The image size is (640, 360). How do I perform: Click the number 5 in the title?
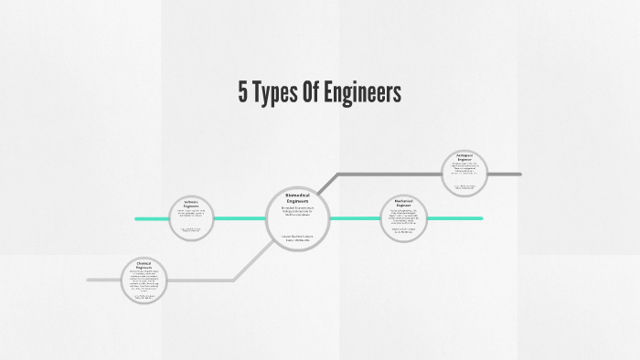(243, 93)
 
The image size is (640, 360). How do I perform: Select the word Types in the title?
(277, 93)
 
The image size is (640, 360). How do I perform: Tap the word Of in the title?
(315, 93)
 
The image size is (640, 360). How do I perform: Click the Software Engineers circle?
(191, 218)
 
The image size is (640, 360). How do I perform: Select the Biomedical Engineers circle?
(298, 219)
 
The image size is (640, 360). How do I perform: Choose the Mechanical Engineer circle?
(403, 218)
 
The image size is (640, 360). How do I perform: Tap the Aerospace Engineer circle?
(464, 174)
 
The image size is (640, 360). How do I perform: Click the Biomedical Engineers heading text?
(298, 197)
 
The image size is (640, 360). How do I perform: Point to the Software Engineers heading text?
(191, 204)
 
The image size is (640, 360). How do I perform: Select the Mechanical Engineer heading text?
(403, 203)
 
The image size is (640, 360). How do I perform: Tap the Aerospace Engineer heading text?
(464, 157)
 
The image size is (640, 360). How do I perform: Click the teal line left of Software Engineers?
(151, 218)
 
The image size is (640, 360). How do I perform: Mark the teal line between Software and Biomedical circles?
(240, 218)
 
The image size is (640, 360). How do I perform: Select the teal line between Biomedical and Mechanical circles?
(354, 218)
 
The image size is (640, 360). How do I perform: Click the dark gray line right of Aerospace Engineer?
(504, 174)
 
